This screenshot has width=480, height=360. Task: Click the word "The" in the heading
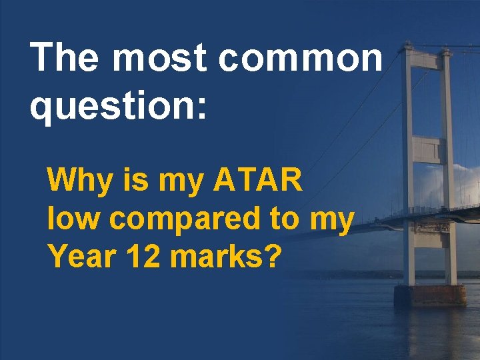(64, 59)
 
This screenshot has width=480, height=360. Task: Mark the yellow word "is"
(132, 181)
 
